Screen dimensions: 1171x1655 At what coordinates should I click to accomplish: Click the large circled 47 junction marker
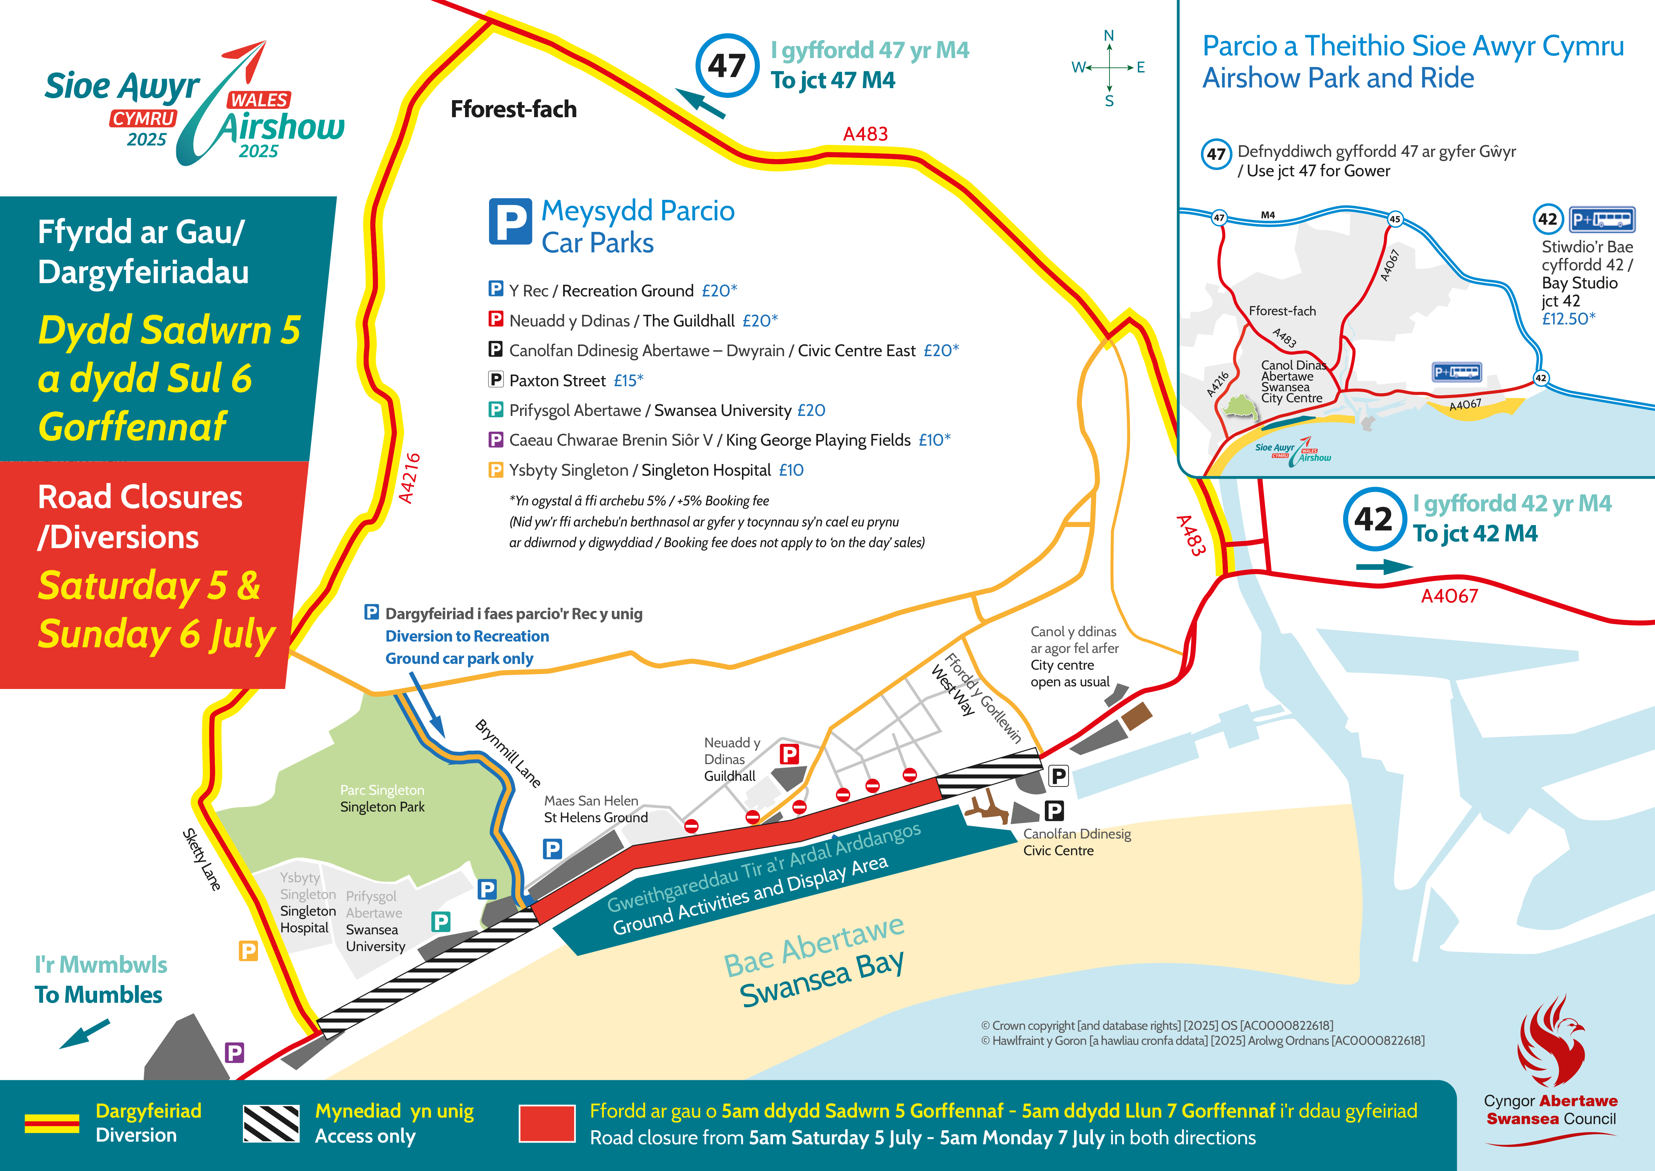pos(727,66)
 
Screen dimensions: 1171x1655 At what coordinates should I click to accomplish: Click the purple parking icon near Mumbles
pos(234,1053)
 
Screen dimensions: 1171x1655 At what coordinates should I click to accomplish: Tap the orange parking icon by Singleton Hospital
pos(248,950)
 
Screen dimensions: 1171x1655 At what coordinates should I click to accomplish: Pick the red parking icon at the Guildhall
pos(789,754)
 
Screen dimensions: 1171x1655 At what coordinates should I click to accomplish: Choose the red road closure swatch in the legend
pos(546,1123)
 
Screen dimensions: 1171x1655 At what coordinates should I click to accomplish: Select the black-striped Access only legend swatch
pos(271,1123)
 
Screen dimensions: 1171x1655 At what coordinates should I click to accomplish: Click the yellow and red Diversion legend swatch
pos(52,1123)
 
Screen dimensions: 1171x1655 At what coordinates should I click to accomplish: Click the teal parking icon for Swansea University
pos(440,922)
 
